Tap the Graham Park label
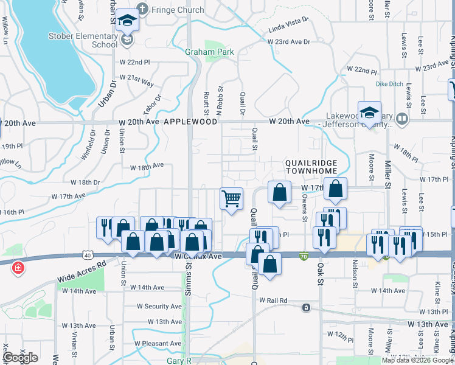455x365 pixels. pos(201,52)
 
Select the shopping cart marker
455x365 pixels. pos(231,199)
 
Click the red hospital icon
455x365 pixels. pos(18,267)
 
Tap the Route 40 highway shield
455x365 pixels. pos(88,255)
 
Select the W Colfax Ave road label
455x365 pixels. pos(198,257)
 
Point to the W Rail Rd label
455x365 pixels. pos(273,301)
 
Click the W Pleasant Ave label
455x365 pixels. pos(158,344)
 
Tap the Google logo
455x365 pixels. pos(20,358)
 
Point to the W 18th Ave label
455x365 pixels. pos(147,165)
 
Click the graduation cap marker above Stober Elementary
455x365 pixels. pos(128,20)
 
